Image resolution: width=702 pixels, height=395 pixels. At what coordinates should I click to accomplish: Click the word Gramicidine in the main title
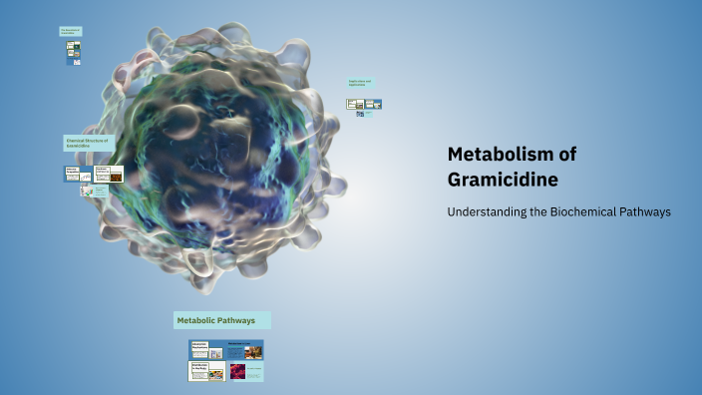point(503,180)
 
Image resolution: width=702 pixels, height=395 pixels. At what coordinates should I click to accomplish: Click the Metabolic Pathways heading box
point(221,320)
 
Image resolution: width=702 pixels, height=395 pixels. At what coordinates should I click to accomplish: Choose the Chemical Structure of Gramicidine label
point(91,144)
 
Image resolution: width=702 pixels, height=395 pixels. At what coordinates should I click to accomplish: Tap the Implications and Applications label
point(360,83)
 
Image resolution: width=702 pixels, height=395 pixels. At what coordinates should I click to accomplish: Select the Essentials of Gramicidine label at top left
point(71,32)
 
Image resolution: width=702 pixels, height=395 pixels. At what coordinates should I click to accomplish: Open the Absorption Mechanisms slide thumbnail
point(205,349)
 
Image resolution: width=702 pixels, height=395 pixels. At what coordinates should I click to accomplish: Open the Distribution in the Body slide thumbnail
point(205,371)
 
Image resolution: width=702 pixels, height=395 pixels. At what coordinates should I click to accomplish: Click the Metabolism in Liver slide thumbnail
point(245,349)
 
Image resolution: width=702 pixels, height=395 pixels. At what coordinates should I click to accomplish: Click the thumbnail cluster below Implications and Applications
point(364,104)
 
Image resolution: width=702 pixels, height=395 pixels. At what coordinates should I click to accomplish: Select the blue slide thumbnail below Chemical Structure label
point(79,174)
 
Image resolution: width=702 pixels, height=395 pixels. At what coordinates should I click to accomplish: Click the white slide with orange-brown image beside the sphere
point(109,174)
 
